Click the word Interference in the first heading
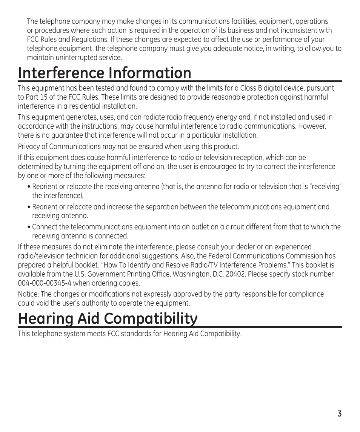pos(60,73)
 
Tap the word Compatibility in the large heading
pos(151,319)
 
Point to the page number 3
pos(340,414)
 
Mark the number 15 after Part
pos(44,97)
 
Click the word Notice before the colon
pos(28,294)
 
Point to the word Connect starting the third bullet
pos(45,227)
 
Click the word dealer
pos(246,247)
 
